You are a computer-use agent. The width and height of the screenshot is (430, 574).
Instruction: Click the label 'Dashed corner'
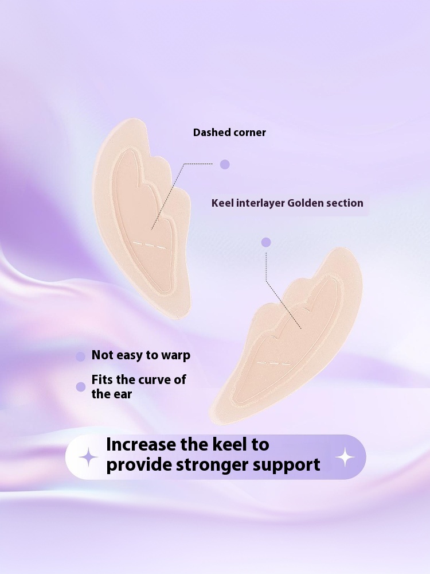tap(229, 133)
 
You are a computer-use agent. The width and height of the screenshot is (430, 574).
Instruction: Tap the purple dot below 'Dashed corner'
tap(225, 164)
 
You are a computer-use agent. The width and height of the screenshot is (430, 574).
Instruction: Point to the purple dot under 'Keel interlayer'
tap(266, 242)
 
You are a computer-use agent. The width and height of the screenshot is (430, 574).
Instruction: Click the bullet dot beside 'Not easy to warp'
tap(81, 356)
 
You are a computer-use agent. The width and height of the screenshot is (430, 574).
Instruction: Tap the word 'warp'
tap(175, 355)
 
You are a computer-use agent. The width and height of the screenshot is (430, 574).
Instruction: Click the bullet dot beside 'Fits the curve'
tap(81, 387)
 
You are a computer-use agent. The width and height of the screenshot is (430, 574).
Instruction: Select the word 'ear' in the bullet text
tap(122, 394)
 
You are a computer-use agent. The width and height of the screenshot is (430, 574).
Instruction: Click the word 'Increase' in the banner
tap(142, 445)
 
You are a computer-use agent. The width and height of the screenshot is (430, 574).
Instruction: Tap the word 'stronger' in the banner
tap(215, 464)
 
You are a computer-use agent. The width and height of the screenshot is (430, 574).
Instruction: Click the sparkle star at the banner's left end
tap(88, 457)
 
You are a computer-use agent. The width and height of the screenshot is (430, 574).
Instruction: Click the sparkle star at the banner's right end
tap(345, 457)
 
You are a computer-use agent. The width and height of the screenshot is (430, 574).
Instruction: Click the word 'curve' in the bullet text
tap(154, 380)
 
